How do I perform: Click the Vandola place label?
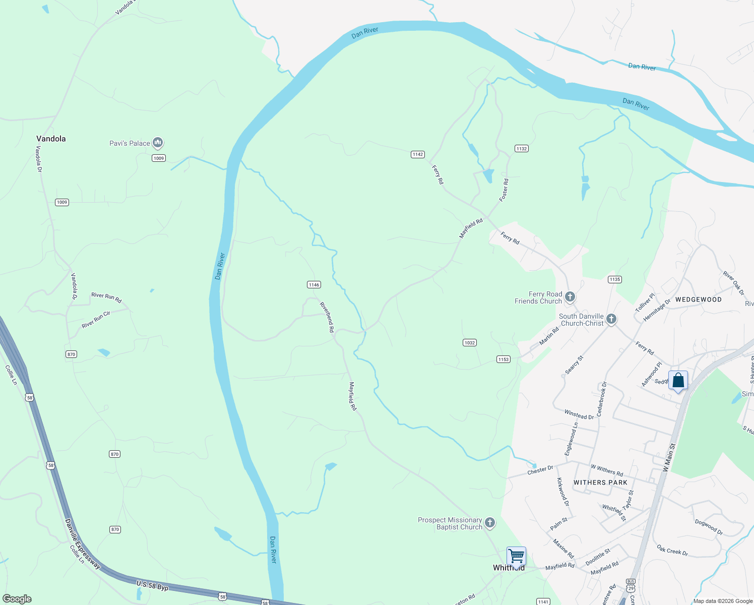point(51,139)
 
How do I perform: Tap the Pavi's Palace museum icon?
point(158,143)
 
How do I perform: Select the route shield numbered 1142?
point(417,154)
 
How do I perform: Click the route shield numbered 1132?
point(521,148)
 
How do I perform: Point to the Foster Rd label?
point(504,190)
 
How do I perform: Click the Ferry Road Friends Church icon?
point(570,297)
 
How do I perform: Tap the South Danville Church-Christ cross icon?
point(611,319)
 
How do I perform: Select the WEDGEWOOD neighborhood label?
point(698,299)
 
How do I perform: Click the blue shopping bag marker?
point(678,381)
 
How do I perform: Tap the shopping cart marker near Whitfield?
point(516,557)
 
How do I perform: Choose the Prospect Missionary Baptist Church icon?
point(489,523)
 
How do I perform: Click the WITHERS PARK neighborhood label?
point(600,482)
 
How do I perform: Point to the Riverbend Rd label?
point(327,317)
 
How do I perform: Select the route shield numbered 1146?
point(313,285)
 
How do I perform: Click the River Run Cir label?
point(96,320)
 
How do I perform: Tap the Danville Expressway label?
point(83,543)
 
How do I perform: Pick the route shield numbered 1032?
point(469,343)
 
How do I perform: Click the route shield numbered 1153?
point(503,359)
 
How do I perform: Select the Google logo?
point(17,599)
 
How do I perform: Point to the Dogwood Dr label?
point(709,527)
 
